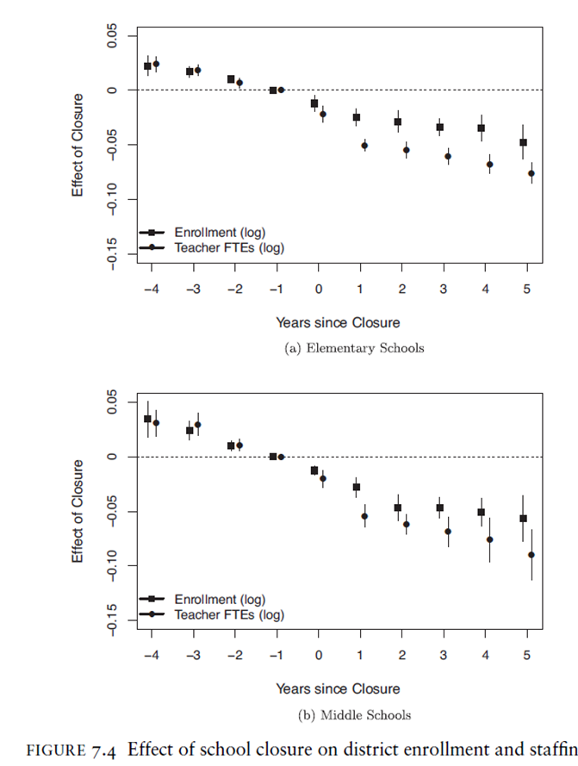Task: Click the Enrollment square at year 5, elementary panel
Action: point(523,142)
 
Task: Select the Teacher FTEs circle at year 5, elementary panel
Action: point(531,173)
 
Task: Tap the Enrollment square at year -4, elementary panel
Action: point(147,65)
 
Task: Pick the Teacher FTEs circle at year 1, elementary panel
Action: point(364,145)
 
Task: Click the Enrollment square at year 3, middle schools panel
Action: point(439,508)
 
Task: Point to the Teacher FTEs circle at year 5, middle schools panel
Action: point(531,554)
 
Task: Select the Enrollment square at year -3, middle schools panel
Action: point(190,430)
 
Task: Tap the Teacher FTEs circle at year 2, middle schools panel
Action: point(406,524)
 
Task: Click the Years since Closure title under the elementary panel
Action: point(338,322)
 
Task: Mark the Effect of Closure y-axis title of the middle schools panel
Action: point(78,511)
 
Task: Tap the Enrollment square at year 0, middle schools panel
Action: point(314,470)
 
